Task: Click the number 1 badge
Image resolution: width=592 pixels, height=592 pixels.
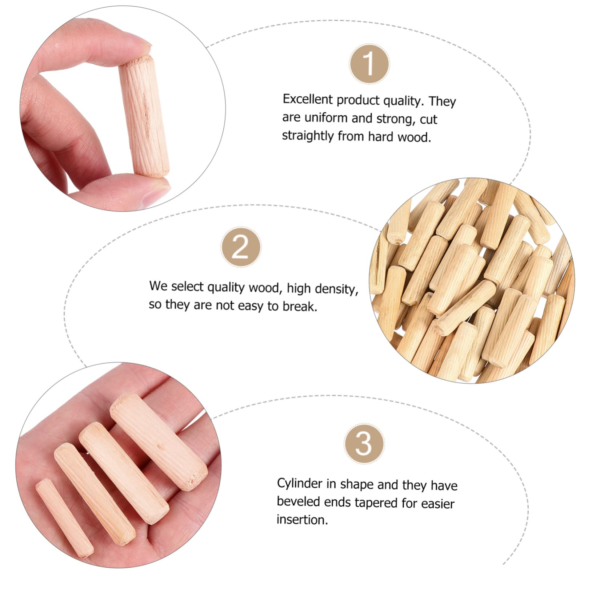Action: point(369,64)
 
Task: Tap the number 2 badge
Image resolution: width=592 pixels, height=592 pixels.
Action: point(241,248)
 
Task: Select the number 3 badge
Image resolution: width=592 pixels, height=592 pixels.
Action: point(364,443)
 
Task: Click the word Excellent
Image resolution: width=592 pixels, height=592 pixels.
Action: point(308,100)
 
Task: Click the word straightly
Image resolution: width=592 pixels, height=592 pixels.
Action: point(308,136)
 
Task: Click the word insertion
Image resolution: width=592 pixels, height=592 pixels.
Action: point(301,520)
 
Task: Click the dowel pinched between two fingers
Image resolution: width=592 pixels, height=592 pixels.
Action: point(144,118)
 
